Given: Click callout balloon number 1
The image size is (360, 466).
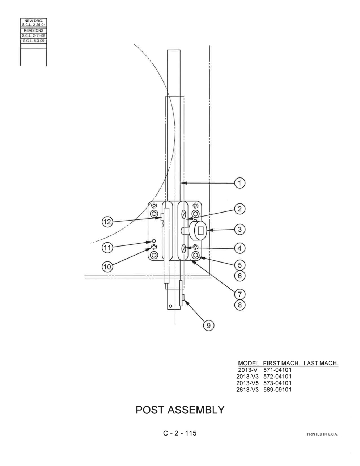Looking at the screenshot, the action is [x=240, y=183].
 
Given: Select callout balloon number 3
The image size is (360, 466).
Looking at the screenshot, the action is [x=240, y=229].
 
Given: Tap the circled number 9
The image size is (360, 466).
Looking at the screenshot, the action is [x=208, y=326].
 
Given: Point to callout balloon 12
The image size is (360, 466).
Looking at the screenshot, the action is [x=107, y=222].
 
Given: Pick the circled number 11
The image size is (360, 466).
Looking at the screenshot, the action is [x=107, y=248].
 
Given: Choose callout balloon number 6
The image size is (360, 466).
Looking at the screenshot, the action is [x=240, y=276].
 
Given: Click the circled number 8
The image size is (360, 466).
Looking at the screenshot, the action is [x=240, y=305].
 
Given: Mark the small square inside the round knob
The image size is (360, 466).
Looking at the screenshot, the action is [x=201, y=231].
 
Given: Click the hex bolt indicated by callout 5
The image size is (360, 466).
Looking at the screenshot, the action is [x=195, y=255].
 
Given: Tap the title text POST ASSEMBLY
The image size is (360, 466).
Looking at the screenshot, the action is [x=180, y=410].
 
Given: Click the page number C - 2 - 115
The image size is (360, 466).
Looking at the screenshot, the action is [x=180, y=433].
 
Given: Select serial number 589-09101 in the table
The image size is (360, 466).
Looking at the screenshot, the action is [x=277, y=390].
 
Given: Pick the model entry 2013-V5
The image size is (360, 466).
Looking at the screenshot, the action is [x=247, y=383].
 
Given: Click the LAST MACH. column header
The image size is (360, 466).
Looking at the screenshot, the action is [x=321, y=363].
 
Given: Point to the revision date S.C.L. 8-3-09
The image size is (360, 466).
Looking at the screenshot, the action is [x=33, y=41].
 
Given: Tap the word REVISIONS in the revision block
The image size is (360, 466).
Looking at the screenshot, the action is [x=33, y=30].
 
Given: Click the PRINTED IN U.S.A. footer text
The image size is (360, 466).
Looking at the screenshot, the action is [x=322, y=434].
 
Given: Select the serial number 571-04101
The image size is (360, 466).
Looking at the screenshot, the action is [x=277, y=370].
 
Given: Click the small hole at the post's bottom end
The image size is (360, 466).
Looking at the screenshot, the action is [x=170, y=306].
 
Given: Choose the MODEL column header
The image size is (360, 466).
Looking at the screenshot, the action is [x=249, y=363].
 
